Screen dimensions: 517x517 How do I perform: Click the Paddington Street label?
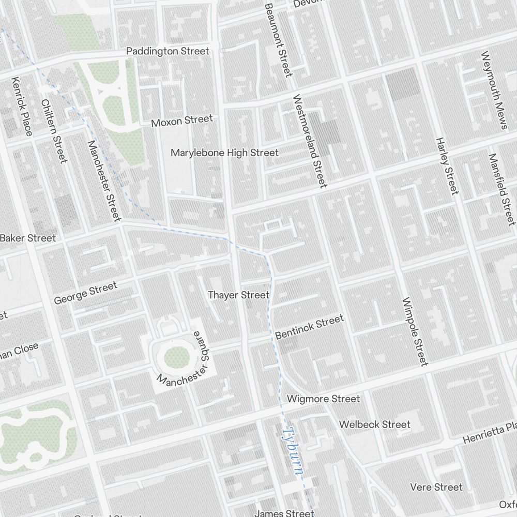pos(168,51)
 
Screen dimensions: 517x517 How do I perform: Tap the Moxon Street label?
pos(181,121)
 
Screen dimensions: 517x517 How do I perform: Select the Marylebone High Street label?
pos(224,153)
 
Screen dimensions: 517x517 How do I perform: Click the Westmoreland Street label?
pos(310,141)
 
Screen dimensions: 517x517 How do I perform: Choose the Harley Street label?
pos(447,166)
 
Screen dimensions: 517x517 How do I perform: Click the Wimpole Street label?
pos(415,331)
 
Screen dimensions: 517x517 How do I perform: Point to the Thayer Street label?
pos(238,295)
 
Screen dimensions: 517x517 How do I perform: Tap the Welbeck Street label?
pos(374,424)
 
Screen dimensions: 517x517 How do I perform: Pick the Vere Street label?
pos(436,487)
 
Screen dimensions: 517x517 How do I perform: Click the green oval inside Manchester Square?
pos(177,356)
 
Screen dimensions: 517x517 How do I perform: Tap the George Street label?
pos(85,293)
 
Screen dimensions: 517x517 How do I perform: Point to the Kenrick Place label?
pos(22,107)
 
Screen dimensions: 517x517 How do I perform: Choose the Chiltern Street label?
pos(54,131)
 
